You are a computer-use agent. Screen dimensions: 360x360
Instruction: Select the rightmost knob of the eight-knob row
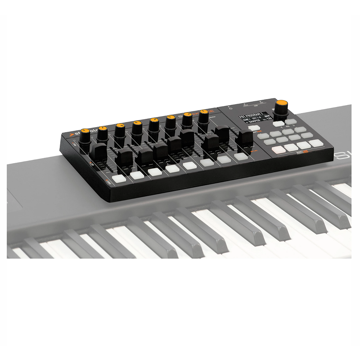[x=204, y=116]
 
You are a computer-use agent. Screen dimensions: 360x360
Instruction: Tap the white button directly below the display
[x=254, y=128]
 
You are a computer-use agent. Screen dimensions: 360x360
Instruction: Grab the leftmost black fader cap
[x=98, y=151]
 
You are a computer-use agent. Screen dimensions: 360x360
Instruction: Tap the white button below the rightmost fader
[x=240, y=156]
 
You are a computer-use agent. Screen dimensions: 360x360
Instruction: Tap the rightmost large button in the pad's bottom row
[x=316, y=143]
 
